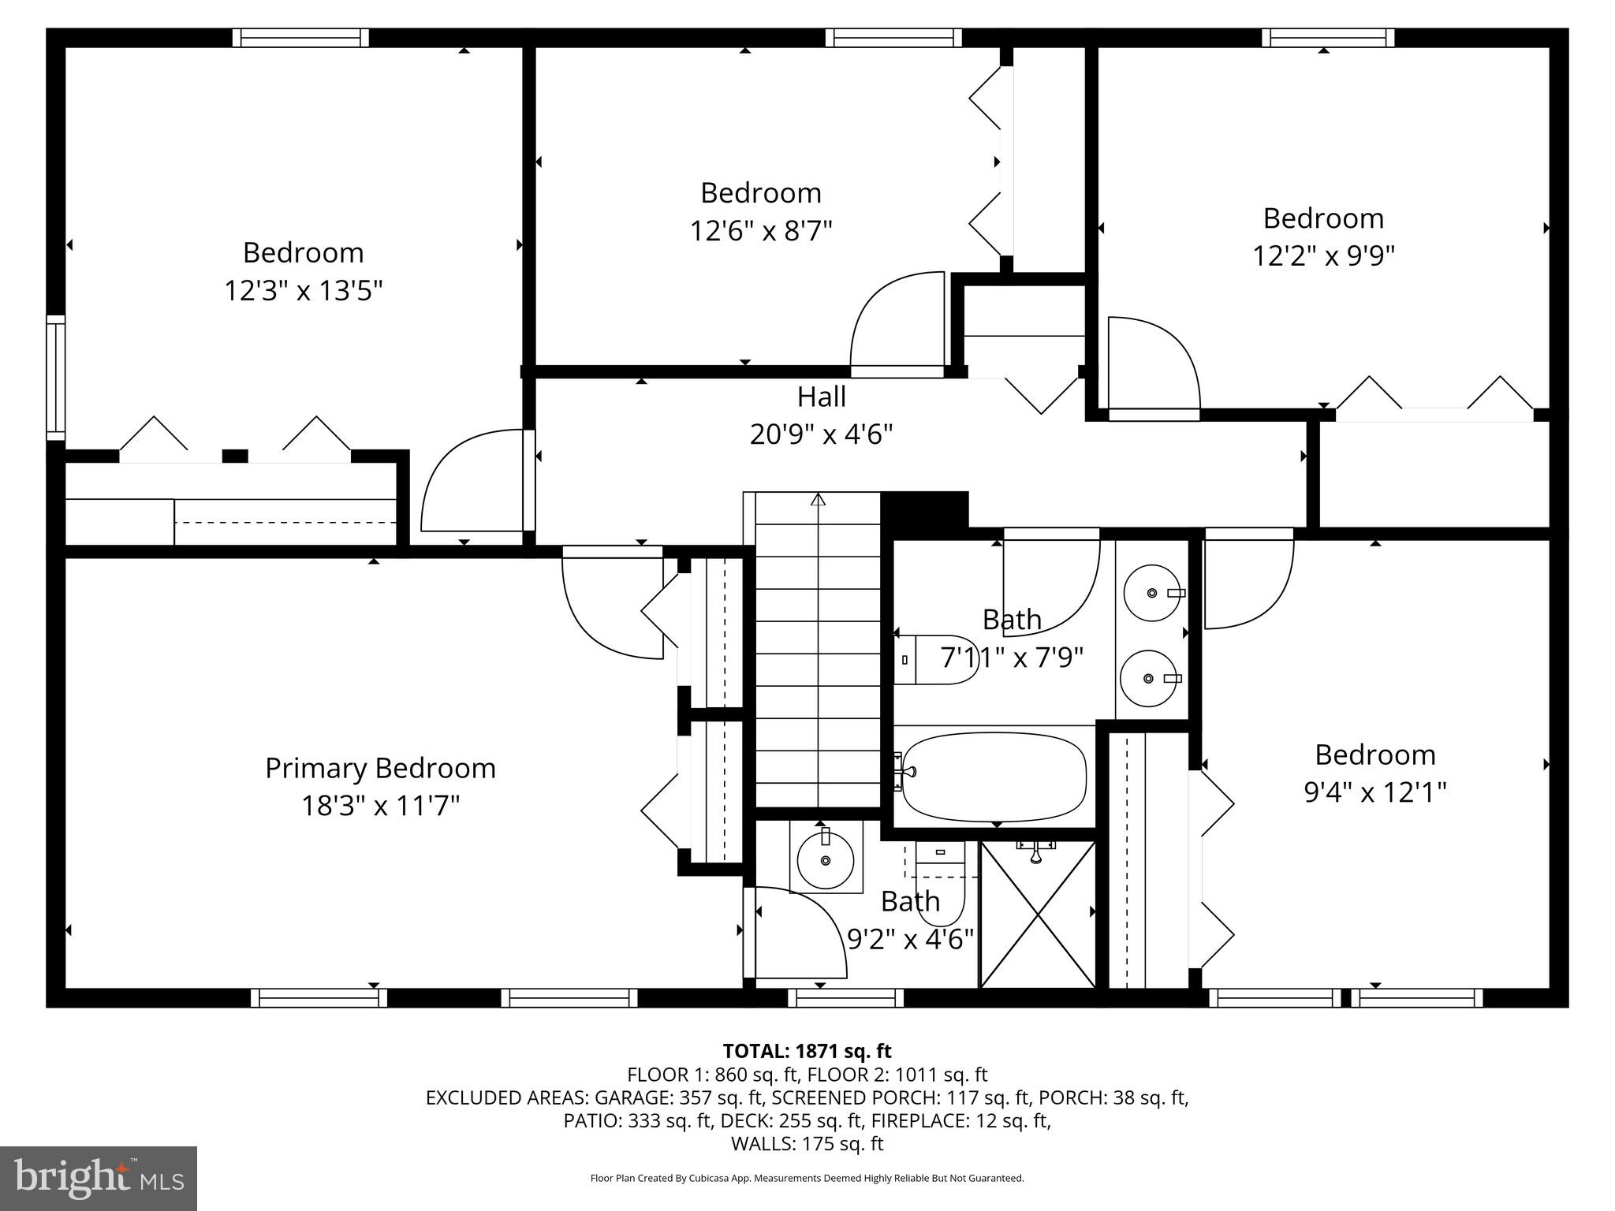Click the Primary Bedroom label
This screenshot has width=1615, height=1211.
(x=380, y=768)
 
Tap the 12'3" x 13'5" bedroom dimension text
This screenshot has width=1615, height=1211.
(x=304, y=291)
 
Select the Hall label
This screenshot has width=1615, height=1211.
(x=821, y=397)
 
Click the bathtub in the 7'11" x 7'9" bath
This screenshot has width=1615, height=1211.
(x=994, y=777)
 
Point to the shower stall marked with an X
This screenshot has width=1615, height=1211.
(x=1037, y=915)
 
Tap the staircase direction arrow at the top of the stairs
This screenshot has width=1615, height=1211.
(x=818, y=499)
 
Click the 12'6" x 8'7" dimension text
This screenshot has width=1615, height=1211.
(x=761, y=231)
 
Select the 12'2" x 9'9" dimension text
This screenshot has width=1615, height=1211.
(x=1324, y=256)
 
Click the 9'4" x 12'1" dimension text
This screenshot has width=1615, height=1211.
(x=1374, y=792)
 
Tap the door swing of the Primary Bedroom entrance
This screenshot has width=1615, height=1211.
(x=611, y=607)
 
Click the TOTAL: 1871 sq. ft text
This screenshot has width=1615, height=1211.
(x=807, y=1051)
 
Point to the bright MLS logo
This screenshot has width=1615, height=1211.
(x=99, y=1179)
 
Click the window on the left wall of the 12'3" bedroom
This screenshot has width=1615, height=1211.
(x=55, y=378)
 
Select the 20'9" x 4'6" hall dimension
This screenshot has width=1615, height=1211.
(x=821, y=434)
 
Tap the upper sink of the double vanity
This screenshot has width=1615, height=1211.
(x=1152, y=592)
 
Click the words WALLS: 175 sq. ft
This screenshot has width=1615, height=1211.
(x=807, y=1143)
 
